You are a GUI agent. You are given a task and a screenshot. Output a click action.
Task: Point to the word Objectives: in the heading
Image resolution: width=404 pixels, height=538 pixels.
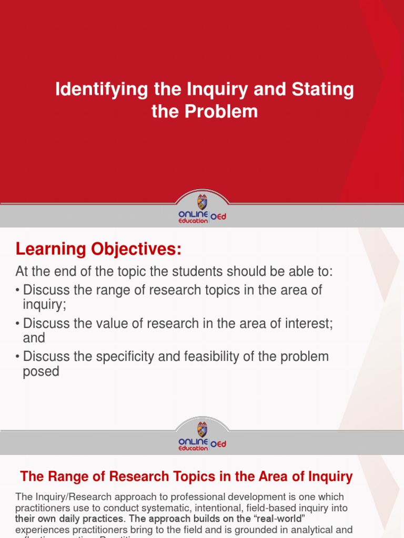coord(138,250)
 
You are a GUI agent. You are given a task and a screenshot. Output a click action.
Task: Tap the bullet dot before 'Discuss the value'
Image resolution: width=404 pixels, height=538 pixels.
coord(18,324)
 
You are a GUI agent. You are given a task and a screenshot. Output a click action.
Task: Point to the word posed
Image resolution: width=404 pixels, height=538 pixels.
coord(41,371)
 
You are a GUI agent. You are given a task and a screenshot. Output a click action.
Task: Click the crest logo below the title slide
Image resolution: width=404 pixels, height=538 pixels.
coord(202,202)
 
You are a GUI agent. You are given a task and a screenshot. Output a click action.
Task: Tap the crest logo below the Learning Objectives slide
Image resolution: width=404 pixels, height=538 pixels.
coord(202,429)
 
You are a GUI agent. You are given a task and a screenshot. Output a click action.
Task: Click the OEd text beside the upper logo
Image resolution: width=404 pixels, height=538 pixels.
coord(218,216)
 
